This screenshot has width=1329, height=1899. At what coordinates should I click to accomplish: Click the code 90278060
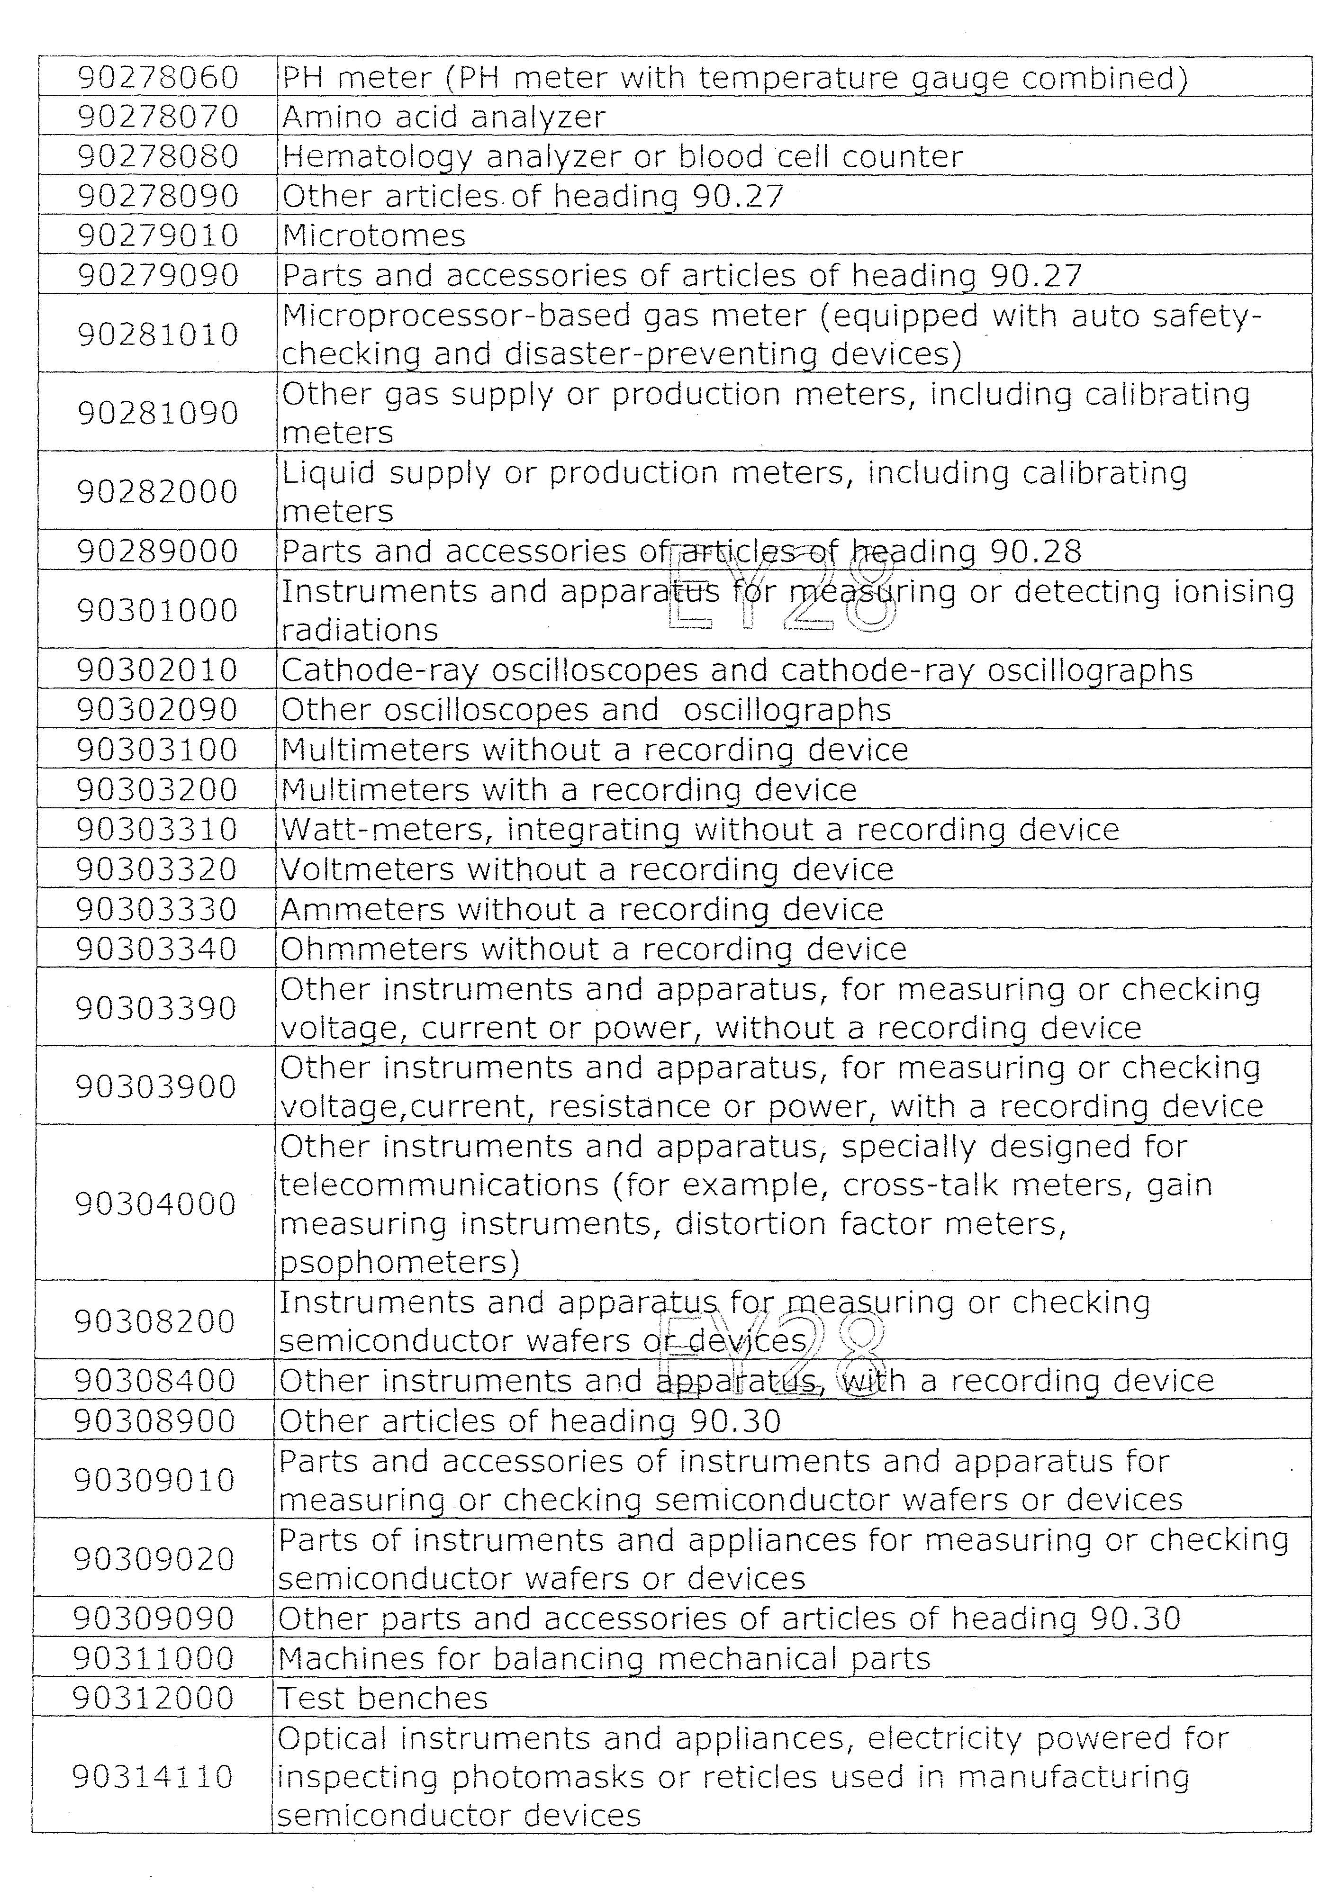click(158, 78)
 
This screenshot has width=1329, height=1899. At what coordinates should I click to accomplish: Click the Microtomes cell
click(374, 236)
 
